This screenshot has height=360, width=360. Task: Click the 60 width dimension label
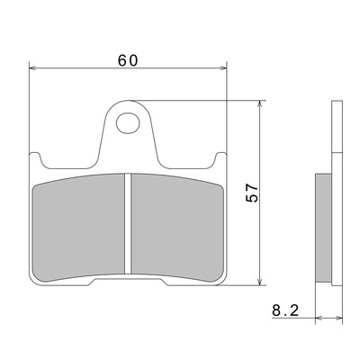(x=128, y=60)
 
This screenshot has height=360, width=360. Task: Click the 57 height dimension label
(x=252, y=193)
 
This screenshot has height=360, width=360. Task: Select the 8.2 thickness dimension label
(x=285, y=310)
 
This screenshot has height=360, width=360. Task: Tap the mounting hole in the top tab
(x=128, y=123)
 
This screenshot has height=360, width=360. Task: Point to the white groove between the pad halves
(x=128, y=223)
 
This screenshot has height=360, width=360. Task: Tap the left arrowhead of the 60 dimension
(x=32, y=68)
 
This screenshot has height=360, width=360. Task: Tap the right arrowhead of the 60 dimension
(x=223, y=68)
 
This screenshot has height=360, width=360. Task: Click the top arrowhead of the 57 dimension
(x=260, y=104)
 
